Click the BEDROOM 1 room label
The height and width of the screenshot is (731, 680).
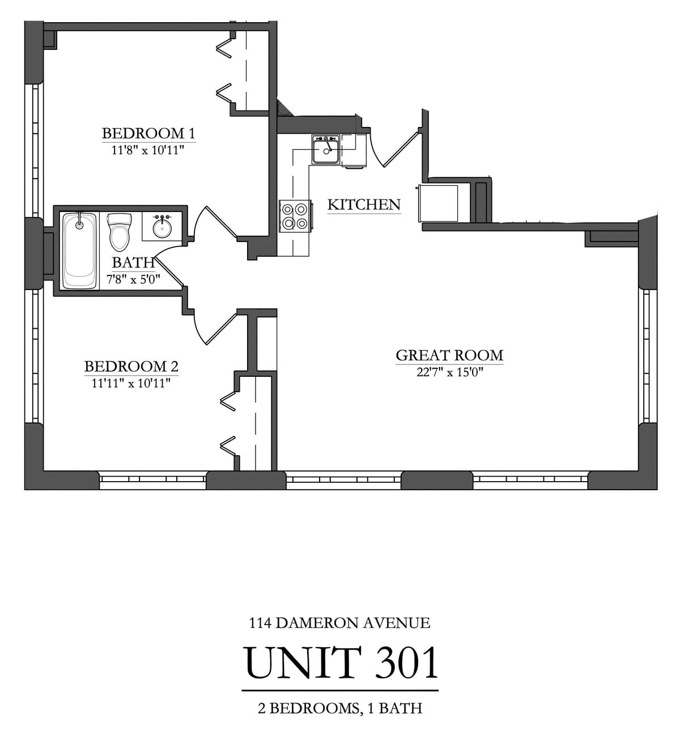click(x=148, y=133)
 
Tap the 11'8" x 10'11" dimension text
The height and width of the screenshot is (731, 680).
click(x=148, y=151)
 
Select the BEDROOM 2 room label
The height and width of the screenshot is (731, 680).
click(x=131, y=367)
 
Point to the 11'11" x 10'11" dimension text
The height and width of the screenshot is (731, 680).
click(x=131, y=384)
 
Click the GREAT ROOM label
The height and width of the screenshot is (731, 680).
click(x=449, y=355)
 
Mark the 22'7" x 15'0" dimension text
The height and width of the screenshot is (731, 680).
click(x=449, y=372)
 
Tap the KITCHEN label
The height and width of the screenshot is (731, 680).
click(x=364, y=205)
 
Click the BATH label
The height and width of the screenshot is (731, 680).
click(x=133, y=262)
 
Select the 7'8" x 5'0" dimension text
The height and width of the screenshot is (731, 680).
click(x=133, y=279)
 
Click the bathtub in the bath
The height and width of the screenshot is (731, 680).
click(x=79, y=250)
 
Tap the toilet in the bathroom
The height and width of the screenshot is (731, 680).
click(x=120, y=231)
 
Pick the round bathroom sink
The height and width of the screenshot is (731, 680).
click(x=163, y=228)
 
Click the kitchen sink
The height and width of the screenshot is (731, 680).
click(x=326, y=150)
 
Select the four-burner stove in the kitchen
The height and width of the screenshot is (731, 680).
click(x=295, y=216)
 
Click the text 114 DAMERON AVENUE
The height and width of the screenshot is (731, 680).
click(x=339, y=623)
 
